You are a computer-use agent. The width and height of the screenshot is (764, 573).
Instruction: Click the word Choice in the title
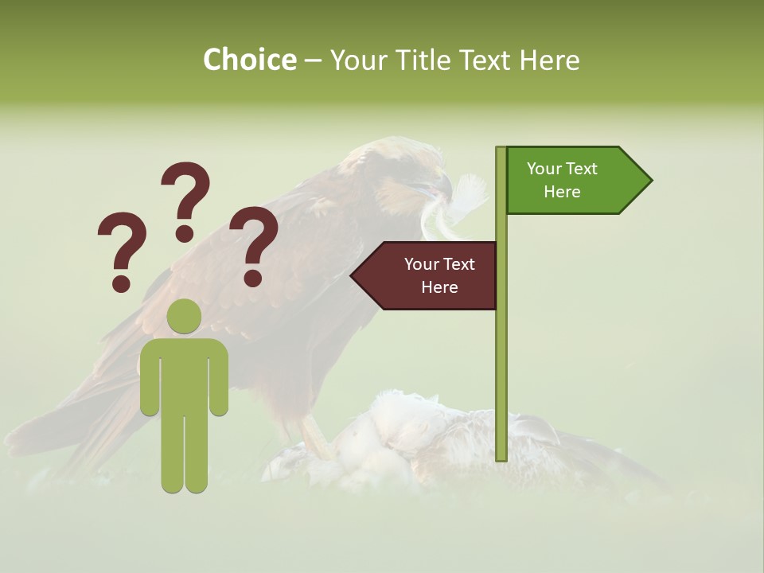tap(249, 60)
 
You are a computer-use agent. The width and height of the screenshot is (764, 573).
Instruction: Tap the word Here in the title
tap(549, 60)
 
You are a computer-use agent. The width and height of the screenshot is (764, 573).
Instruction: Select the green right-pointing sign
tap(573, 181)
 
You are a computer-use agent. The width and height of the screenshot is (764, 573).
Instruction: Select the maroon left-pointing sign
tap(430, 275)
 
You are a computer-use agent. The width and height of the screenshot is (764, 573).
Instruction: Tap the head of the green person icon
tap(184, 317)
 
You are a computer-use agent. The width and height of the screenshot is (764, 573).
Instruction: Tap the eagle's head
tap(406, 171)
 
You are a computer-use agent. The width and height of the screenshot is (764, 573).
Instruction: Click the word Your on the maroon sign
tap(419, 264)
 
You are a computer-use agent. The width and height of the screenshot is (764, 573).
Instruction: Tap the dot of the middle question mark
tap(185, 232)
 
